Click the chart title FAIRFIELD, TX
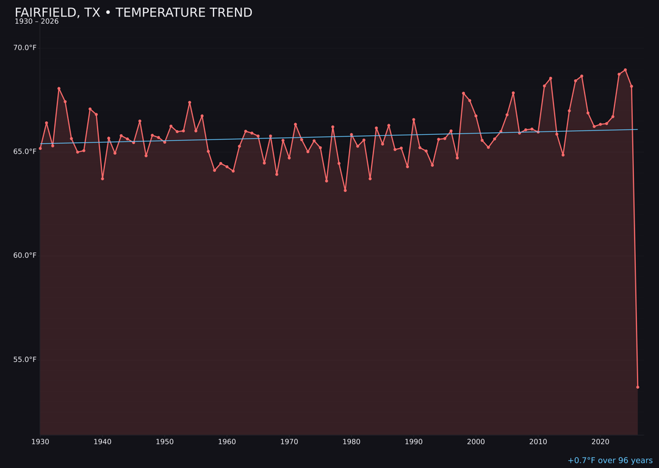133,13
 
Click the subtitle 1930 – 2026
37,22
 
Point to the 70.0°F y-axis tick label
25,48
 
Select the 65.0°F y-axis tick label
25,151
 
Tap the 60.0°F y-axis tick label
25,255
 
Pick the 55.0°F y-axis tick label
25,360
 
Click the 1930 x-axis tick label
40,442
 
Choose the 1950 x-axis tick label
165,442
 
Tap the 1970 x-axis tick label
289,442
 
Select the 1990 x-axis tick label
414,442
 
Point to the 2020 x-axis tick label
600,442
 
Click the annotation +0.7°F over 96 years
610,461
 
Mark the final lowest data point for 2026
638,387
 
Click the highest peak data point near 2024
625,69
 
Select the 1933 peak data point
59,88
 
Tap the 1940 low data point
103,179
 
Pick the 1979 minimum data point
345,190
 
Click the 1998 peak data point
463,93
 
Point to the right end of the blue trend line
638,129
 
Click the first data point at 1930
40,148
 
